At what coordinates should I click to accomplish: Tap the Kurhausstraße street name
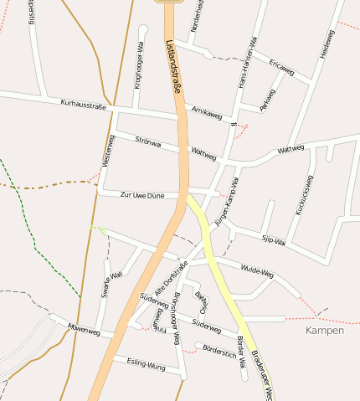[84, 105]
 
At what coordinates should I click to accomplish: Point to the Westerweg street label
[106, 152]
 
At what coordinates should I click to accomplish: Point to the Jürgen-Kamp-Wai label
[228, 202]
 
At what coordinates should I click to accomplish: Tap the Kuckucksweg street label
[304, 195]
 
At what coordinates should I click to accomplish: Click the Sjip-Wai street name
[275, 241]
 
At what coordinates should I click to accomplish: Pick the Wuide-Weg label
[257, 271]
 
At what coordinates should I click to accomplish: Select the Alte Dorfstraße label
[177, 276]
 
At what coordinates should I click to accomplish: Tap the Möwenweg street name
[84, 331]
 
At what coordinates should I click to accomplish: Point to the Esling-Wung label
[145, 362]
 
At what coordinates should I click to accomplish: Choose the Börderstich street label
[219, 353]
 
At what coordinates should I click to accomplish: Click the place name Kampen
[325, 332]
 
